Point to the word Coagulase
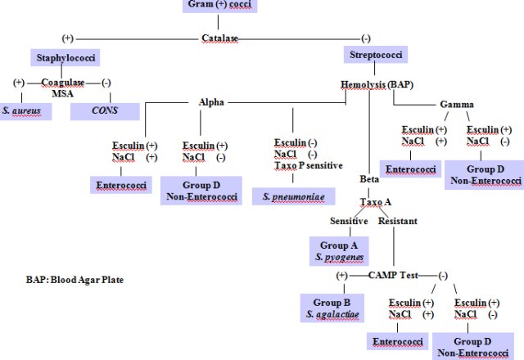[x=63, y=82]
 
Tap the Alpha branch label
[x=211, y=102]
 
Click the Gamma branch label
[x=456, y=105]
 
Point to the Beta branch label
[x=369, y=179]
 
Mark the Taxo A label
[x=377, y=201]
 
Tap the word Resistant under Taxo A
[x=397, y=221]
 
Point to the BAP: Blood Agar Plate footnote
[x=74, y=279]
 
